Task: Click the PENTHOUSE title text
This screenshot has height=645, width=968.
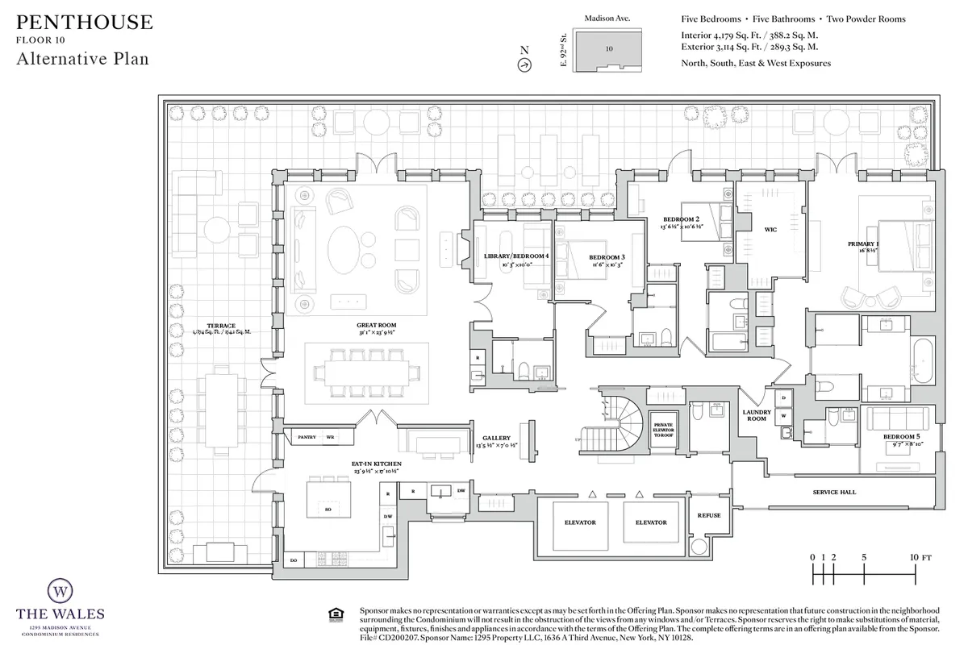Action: coord(84,22)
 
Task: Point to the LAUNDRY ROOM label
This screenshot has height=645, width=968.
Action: coord(757,415)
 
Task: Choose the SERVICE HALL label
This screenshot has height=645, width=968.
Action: coord(834,492)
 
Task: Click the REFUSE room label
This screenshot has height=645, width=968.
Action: coord(709,515)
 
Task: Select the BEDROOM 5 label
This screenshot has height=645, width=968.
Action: coord(902,436)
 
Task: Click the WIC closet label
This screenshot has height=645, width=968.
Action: coord(770,230)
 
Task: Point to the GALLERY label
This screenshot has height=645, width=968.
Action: coord(497,438)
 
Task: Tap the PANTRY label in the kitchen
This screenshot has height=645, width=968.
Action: coord(307,437)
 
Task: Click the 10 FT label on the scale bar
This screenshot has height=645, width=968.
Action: coord(920,557)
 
